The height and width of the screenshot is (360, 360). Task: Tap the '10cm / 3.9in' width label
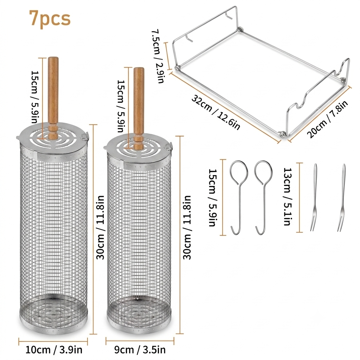54,350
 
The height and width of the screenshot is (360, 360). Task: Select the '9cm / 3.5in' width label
140,350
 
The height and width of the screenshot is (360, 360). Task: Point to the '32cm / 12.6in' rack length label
216,113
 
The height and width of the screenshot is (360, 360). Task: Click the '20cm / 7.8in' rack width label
327,119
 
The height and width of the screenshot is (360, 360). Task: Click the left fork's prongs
312,225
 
